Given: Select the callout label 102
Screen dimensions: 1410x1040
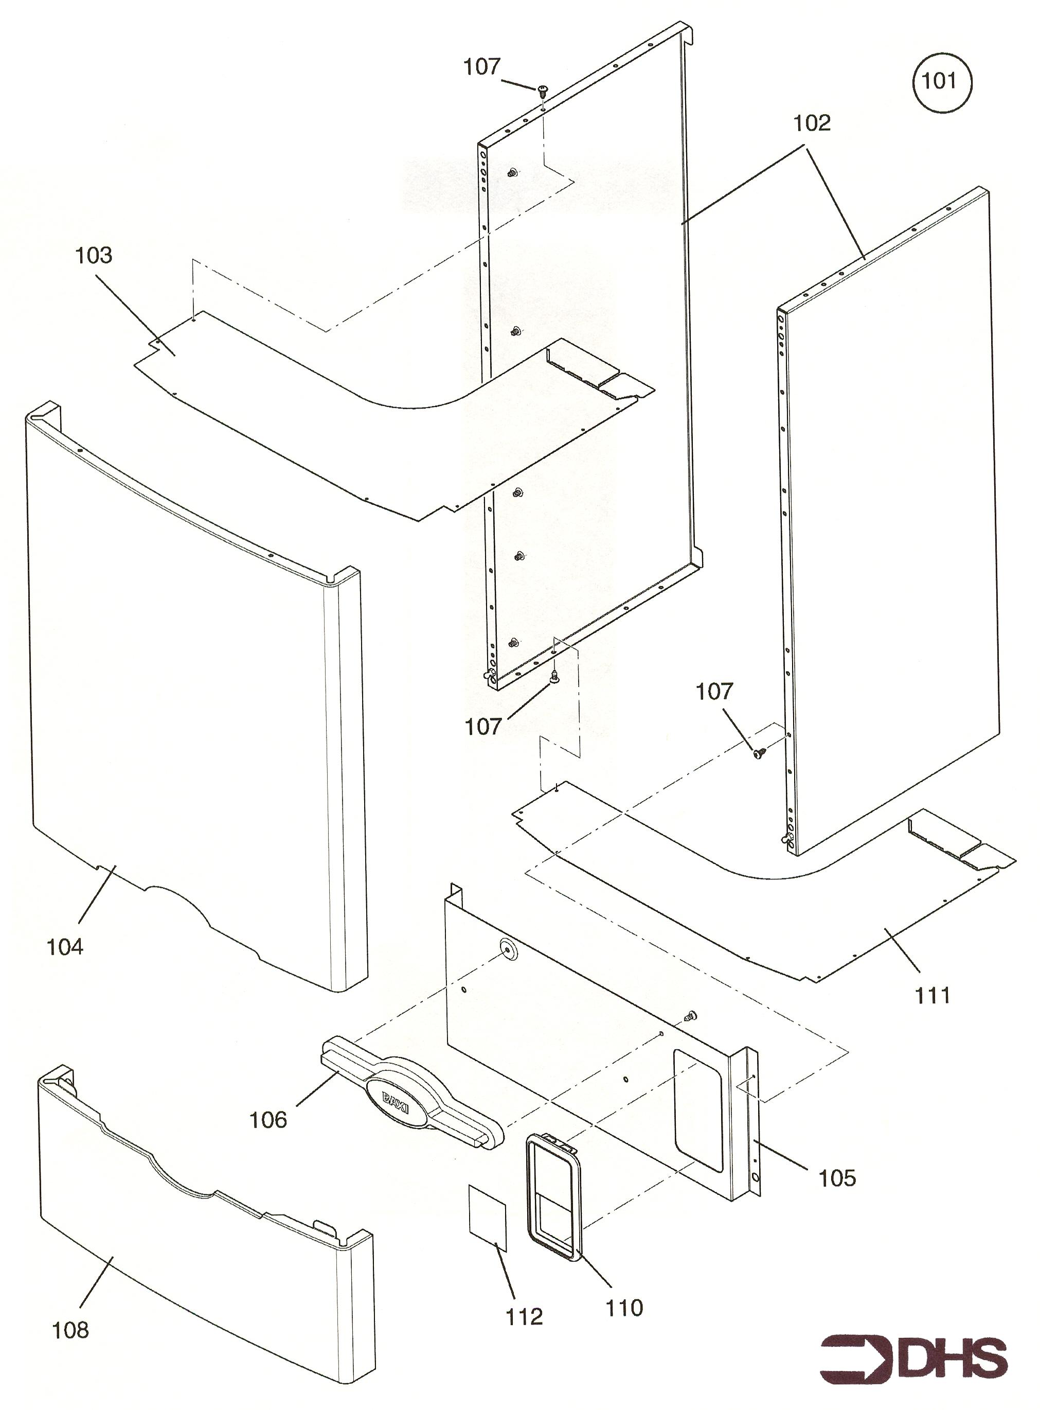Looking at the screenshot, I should pyautogui.click(x=812, y=124).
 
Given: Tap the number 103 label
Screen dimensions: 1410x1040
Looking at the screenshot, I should pyautogui.click(x=94, y=256).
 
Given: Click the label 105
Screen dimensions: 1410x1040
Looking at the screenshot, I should pyautogui.click(x=837, y=1178).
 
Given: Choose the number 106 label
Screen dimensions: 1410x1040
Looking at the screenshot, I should pyautogui.click(x=268, y=1120).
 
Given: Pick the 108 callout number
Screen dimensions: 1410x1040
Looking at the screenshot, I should pyautogui.click(x=70, y=1330).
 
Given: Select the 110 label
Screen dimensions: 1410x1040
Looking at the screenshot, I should pyautogui.click(x=624, y=1308).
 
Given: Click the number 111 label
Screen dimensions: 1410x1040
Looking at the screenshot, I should pyautogui.click(x=931, y=996).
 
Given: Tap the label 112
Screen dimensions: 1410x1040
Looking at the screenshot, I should pyautogui.click(x=524, y=1317).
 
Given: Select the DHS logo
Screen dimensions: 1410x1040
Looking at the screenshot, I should pyautogui.click(x=913, y=1360).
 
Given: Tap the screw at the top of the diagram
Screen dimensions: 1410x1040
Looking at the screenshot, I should pyautogui.click(x=542, y=91).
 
